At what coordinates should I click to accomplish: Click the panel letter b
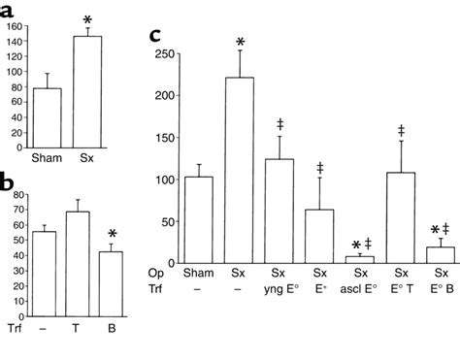tap(8, 181)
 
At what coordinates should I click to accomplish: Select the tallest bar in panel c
tap(239, 170)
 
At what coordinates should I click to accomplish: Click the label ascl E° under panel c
tap(359, 287)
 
